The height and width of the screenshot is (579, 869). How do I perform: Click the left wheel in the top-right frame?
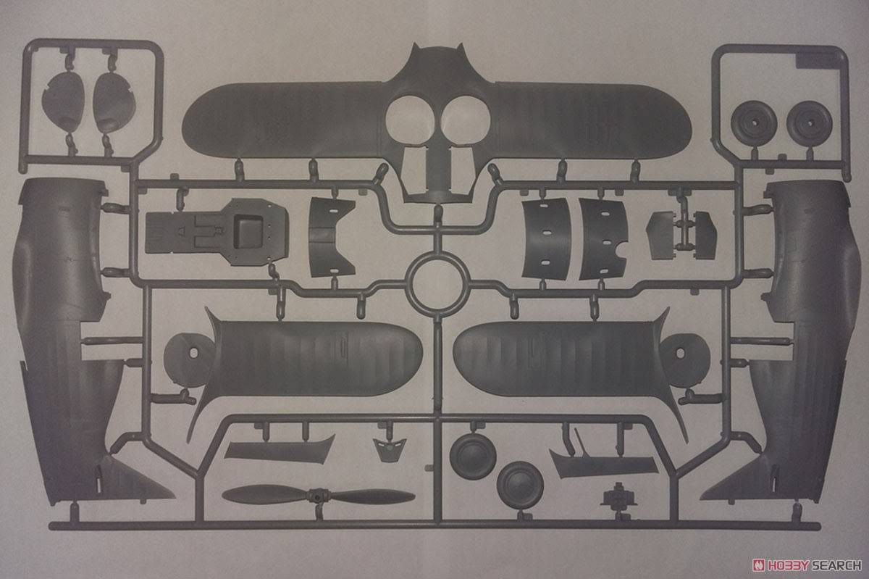pyautogui.click(x=754, y=123)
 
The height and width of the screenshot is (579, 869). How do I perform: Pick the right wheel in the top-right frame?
pyautogui.click(x=810, y=123)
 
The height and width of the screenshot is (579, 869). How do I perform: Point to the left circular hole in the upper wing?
pyautogui.click(x=411, y=119)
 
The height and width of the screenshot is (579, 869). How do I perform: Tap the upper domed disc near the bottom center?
pyautogui.click(x=473, y=455)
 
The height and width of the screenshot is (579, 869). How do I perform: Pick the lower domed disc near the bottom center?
pyautogui.click(x=520, y=485)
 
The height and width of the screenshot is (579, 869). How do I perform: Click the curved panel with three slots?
pyautogui.click(x=547, y=238)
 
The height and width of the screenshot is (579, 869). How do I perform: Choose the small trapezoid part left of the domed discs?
pyautogui.click(x=390, y=450)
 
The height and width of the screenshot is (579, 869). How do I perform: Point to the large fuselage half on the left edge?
pyautogui.click(x=70, y=342)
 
